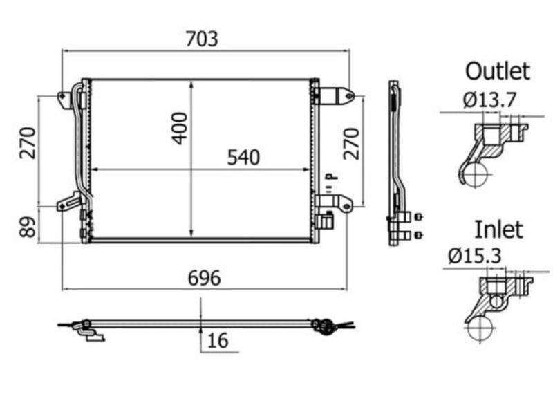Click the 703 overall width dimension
click(x=202, y=39)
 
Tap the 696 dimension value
click(x=204, y=278)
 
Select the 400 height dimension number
click(x=180, y=129)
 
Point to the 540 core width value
click(x=243, y=158)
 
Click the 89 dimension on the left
click(x=28, y=227)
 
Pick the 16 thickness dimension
click(x=218, y=340)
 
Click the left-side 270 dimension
click(x=28, y=143)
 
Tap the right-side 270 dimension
click(x=351, y=144)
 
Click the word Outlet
click(x=498, y=71)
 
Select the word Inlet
click(x=498, y=230)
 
